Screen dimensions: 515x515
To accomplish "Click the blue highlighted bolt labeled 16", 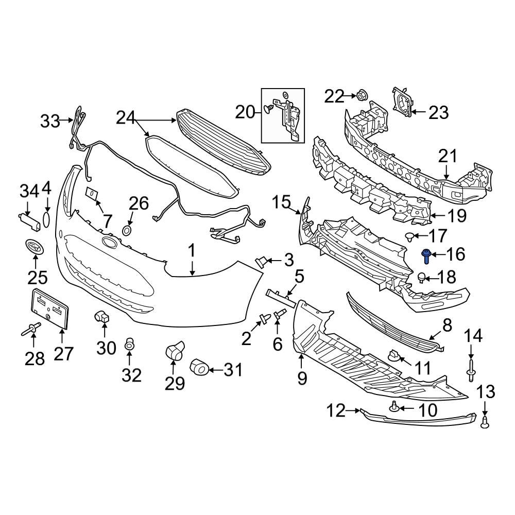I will tap(427, 255).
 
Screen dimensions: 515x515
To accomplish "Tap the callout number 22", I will tap(334, 96).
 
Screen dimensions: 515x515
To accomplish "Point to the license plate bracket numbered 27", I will tap(51, 308).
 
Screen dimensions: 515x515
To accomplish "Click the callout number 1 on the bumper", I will tap(191, 252).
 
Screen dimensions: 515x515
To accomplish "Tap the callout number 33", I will tap(50, 122).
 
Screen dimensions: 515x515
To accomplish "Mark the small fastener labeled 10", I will tap(394, 407).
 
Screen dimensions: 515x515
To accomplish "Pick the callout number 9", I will tap(301, 379).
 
